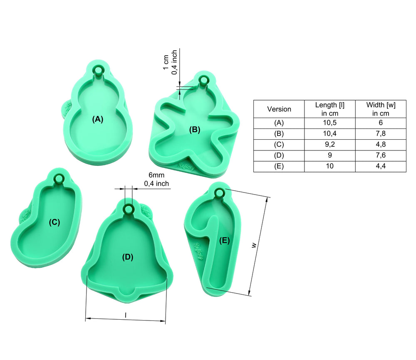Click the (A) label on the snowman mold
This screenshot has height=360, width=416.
[x=98, y=119]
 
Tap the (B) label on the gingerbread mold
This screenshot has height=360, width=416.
[x=194, y=130]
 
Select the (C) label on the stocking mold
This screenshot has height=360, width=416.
[x=54, y=222]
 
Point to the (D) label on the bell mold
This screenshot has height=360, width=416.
[x=128, y=257]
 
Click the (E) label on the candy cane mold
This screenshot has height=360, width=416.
[x=225, y=241]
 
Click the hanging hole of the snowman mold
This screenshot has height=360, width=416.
[x=98, y=71]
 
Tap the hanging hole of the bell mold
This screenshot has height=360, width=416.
[x=129, y=209]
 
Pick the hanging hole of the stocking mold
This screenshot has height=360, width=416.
[x=58, y=178]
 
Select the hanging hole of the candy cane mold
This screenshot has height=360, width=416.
[x=219, y=193]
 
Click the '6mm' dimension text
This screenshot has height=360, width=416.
[x=156, y=175]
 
